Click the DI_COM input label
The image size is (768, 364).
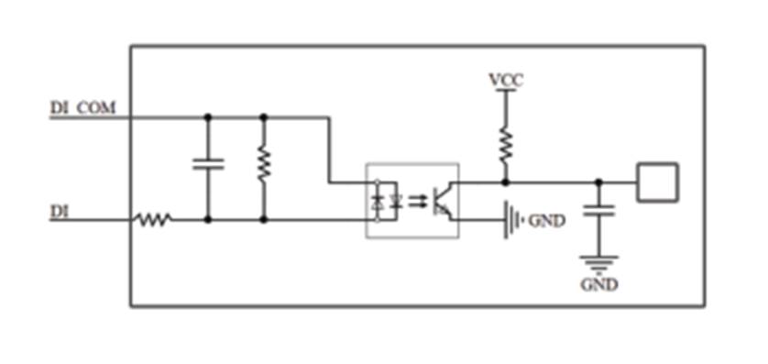pyautogui.click(x=83, y=108)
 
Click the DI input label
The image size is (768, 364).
pyautogui.click(x=60, y=212)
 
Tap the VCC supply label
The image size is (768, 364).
pyautogui.click(x=506, y=80)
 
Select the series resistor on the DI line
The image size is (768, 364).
pyautogui.click(x=153, y=220)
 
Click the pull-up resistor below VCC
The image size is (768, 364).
pyautogui.click(x=506, y=146)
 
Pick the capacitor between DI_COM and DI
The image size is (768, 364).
pyautogui.click(x=208, y=164)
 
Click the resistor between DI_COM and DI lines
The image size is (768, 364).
pyautogui.click(x=264, y=165)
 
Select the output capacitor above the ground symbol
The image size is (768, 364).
pyautogui.click(x=598, y=210)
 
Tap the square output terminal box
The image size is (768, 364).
pyautogui.click(x=657, y=182)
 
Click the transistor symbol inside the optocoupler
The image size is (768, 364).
pyautogui.click(x=444, y=201)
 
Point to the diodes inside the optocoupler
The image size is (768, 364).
pyautogui.click(x=387, y=201)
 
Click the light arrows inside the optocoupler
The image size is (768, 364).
pyautogui.click(x=417, y=201)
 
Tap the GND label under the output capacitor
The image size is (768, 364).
pyautogui.click(x=598, y=284)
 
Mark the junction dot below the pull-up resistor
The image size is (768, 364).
pyautogui.click(x=506, y=182)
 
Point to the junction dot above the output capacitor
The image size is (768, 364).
pyautogui.click(x=598, y=182)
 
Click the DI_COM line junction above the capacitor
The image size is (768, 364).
pyautogui.click(x=208, y=117)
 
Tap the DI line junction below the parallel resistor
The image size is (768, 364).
pyautogui.click(x=264, y=220)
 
